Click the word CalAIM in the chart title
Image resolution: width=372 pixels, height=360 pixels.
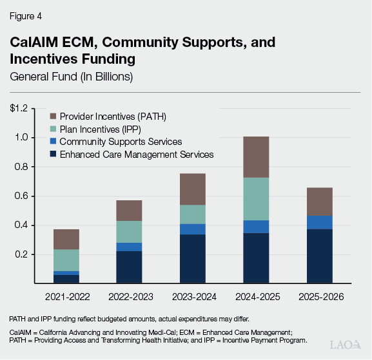pyautogui.click(x=34, y=43)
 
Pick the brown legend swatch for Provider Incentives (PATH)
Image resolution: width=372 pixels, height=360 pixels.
pyautogui.click(x=54, y=117)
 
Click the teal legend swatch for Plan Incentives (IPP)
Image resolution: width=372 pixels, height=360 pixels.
pyautogui.click(x=54, y=129)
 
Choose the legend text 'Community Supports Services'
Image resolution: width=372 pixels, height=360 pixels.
pyautogui.click(x=121, y=141)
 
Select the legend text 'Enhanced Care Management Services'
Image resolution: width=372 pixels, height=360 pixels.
pyautogui.click(x=136, y=154)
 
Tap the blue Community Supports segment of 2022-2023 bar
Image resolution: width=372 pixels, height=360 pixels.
pyautogui.click(x=129, y=247)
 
